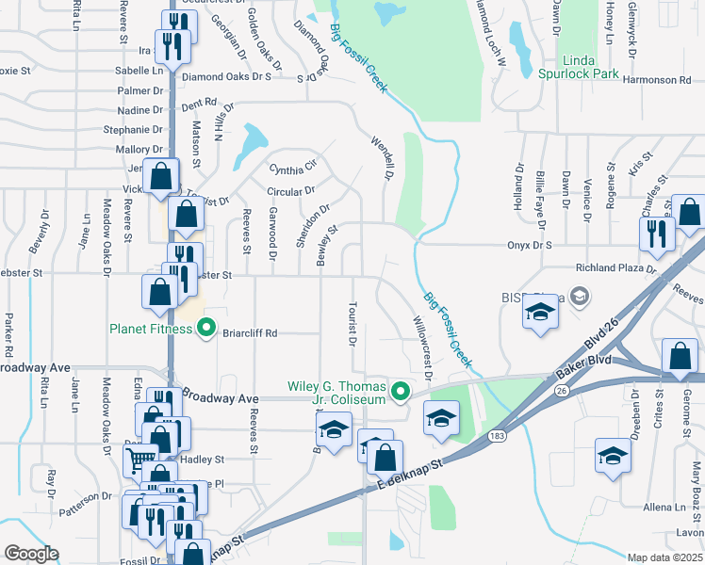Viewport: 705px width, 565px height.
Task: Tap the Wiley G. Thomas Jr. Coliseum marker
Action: (402, 390)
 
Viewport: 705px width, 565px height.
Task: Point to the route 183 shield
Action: (497, 435)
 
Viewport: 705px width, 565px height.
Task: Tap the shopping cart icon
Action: (137, 459)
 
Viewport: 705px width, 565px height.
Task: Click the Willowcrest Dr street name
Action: (421, 345)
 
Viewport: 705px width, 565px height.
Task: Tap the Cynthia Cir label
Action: (293, 169)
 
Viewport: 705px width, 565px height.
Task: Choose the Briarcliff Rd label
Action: (251, 332)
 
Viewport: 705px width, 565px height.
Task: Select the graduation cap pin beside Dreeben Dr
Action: (613, 457)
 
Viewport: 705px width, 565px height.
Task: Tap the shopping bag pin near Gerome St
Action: (680, 357)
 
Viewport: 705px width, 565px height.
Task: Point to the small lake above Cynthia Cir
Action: (252, 144)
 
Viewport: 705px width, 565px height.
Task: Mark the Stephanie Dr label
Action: (133, 130)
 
